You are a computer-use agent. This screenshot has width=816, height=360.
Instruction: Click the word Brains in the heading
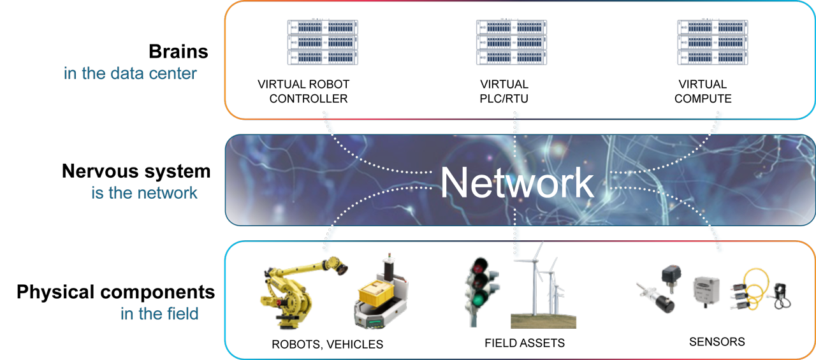click(178, 51)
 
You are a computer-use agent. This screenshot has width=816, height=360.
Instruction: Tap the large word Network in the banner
click(516, 182)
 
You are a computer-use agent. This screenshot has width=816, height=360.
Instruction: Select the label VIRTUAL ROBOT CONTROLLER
click(304, 91)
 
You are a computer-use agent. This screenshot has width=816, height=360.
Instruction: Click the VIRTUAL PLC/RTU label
click(504, 91)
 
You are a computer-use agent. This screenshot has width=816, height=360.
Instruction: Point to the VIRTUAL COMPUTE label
click(703, 91)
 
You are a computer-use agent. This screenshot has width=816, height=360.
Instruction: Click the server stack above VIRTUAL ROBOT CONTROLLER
click(323, 42)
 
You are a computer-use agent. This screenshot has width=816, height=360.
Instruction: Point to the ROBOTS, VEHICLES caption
click(327, 345)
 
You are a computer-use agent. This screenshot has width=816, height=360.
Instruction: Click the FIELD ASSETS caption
click(525, 343)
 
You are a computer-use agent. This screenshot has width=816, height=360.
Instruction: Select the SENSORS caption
click(717, 342)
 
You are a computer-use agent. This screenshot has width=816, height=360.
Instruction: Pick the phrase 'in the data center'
click(130, 73)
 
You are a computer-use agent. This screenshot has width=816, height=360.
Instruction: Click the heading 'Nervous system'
click(136, 171)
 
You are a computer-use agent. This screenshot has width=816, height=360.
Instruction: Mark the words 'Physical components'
click(116, 292)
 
